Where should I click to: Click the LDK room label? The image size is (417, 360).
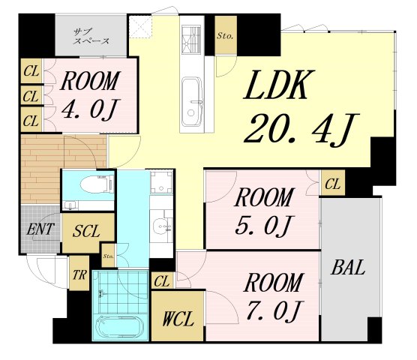coord(279,85)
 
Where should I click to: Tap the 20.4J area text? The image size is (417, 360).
coord(301,130)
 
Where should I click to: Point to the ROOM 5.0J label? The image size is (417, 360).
coord(264,211)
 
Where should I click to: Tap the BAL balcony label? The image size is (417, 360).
coord(347,267)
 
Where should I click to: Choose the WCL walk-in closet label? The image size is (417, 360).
coord(178,319)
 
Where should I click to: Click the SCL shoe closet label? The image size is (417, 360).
coord(86,231)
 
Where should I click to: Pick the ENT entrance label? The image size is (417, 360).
coord(40,229)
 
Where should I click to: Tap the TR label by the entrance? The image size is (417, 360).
coord(79,274)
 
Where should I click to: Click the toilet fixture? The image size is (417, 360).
coord(97,184)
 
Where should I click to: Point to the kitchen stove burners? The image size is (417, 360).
coord(191,39)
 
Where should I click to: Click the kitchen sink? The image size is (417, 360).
coord(192,101)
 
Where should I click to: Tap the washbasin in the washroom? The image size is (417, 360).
coord(161,225)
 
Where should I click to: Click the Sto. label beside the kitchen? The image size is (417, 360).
coord(225,36)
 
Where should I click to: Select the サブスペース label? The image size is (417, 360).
coord(91,37)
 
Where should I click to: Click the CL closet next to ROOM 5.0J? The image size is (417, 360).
coord(332,184)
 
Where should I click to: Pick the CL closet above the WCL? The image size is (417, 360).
coord(161,281)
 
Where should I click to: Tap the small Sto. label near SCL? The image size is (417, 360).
coord(109,256)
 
